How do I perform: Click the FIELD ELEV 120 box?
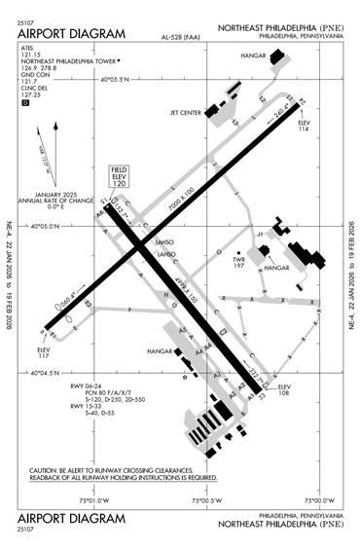120,176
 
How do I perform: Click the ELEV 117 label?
43,351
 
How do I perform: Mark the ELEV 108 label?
284,392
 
